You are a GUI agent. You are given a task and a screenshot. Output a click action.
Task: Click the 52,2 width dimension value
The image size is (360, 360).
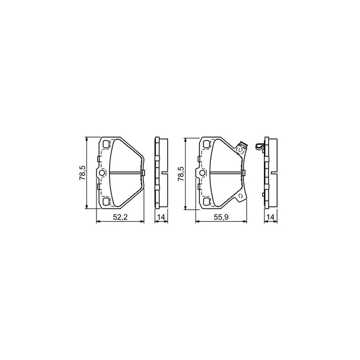click(x=120, y=217)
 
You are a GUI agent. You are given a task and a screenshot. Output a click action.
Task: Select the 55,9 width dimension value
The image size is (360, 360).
click(x=221, y=217)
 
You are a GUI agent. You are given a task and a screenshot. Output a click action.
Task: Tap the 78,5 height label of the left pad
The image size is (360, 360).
click(x=82, y=173)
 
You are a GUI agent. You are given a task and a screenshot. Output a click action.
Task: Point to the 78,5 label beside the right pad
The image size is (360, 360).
click(x=181, y=174)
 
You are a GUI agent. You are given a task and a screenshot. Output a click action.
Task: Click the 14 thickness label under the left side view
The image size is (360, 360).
click(x=161, y=217)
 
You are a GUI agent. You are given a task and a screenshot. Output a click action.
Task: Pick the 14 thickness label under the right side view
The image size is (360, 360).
click(x=271, y=217)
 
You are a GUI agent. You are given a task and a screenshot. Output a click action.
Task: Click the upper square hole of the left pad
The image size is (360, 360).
click(x=106, y=144)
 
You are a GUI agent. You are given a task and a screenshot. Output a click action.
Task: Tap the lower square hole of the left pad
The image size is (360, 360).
click(x=106, y=202)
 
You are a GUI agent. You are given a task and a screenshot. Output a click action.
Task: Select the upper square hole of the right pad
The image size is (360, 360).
click(x=206, y=144)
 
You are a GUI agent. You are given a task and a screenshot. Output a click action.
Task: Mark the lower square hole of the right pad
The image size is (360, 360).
click(x=206, y=202)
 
